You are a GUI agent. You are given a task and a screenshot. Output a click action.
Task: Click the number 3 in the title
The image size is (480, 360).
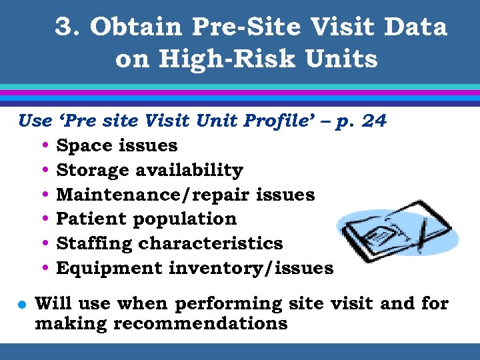click(65, 27)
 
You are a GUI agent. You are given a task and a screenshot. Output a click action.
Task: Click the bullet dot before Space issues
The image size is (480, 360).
click(44, 146)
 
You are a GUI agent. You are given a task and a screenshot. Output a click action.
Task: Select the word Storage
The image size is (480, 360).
click(93, 170)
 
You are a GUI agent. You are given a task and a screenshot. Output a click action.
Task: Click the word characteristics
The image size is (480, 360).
click(211, 243)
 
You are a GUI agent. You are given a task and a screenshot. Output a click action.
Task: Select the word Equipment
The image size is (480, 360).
click(110, 268)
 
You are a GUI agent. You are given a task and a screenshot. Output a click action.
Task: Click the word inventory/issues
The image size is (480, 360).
click(251, 268)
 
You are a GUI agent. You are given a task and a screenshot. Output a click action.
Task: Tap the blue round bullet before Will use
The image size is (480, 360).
click(21, 305)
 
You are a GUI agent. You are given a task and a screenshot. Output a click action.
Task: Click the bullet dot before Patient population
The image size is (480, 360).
click(44, 219)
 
